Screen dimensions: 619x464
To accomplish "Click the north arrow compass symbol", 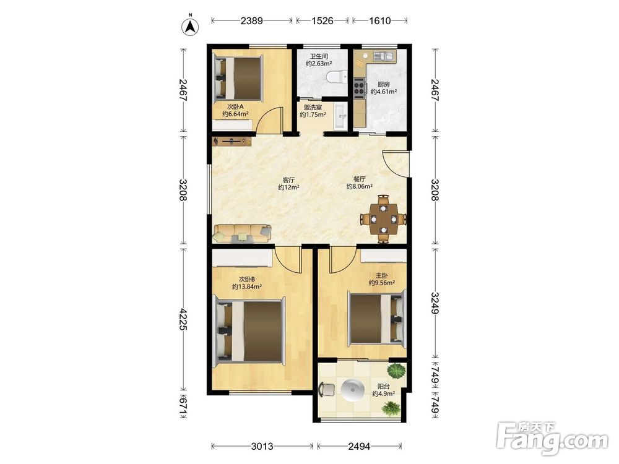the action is pyautogui.click(x=190, y=26).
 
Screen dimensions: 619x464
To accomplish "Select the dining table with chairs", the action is pyautogui.click(x=383, y=218).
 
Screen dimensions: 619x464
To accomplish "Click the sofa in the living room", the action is pyautogui.click(x=242, y=233).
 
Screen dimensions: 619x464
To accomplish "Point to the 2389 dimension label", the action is pyautogui.click(x=251, y=20).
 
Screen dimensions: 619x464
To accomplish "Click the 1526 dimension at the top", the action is pyautogui.click(x=322, y=20).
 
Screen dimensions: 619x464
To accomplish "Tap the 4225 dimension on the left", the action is pyautogui.click(x=183, y=319).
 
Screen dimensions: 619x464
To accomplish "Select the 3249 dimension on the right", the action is pyautogui.click(x=435, y=303).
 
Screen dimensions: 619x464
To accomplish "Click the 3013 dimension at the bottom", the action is pyautogui.click(x=262, y=446).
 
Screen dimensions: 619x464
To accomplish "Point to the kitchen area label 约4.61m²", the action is pyautogui.click(x=384, y=92).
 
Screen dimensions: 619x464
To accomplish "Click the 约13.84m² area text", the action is pyautogui.click(x=247, y=287).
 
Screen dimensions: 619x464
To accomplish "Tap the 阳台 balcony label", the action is pyautogui.click(x=383, y=386).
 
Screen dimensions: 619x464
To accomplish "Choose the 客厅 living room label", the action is pyautogui.click(x=288, y=180).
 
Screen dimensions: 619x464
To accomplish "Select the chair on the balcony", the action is pyautogui.click(x=326, y=390).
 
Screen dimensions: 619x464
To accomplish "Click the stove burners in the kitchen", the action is pyautogui.click(x=359, y=88).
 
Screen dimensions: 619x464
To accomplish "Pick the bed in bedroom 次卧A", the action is pyautogui.click(x=238, y=78).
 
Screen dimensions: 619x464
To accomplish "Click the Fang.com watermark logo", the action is pyautogui.click(x=553, y=438).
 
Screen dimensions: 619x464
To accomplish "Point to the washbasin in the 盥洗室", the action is pyautogui.click(x=340, y=116).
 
